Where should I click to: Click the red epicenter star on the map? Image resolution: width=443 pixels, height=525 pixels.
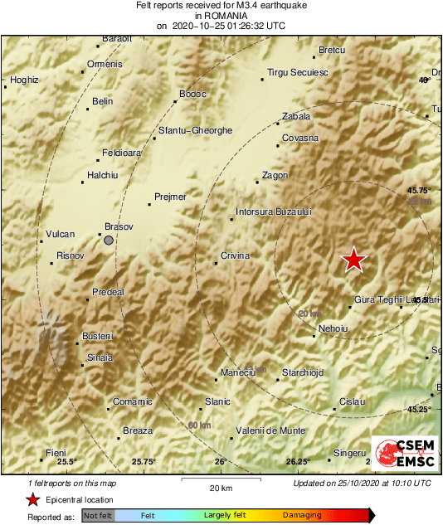coord(354,260)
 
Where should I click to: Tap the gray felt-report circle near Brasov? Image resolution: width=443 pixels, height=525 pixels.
coord(109,241)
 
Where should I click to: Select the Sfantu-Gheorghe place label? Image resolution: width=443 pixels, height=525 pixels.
coord(196,130)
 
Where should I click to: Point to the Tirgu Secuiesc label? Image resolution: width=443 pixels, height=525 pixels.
coord(298,73)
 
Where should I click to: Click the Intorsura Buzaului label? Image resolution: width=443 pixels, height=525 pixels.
coord(273,211)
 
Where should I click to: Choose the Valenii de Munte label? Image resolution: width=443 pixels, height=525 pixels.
coord(271,430)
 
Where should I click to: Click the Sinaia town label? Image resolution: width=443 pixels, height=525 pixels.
coord(100,357)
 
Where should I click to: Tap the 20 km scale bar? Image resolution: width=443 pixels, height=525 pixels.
coord(220,480)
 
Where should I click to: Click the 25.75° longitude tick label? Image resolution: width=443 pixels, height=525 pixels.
coord(144,462)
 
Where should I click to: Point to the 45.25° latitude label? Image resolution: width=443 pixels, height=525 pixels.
coord(419,409)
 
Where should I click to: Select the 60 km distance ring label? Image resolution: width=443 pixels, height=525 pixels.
coord(199,425)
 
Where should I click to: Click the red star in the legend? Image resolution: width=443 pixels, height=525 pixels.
coord(32,499)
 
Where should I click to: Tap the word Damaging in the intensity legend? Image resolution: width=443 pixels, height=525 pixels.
coord(302,515)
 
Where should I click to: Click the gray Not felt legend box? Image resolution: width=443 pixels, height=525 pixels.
coord(98,516)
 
